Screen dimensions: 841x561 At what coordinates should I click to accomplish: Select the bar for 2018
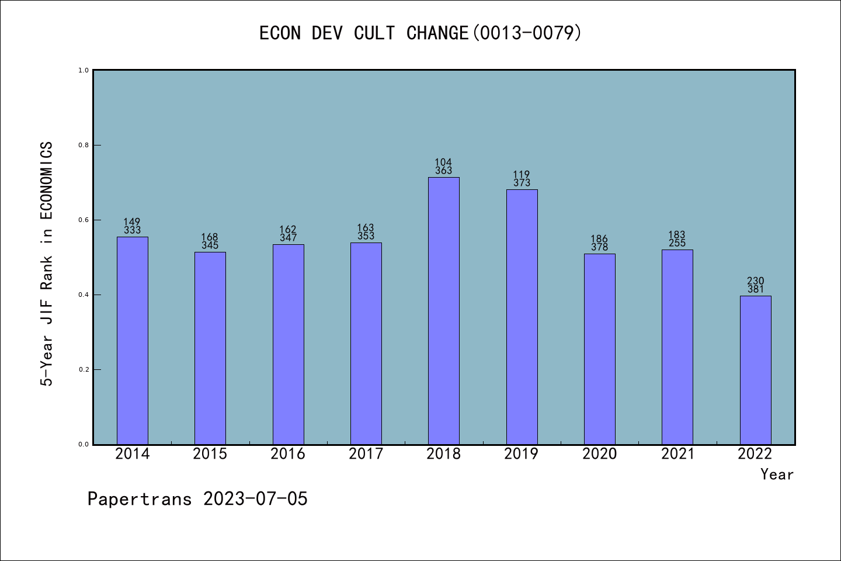[444, 311]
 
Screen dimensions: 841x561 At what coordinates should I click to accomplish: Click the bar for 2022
[755, 370]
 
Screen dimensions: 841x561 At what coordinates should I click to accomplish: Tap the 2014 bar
[133, 341]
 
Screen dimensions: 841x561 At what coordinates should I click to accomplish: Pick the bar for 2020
[600, 349]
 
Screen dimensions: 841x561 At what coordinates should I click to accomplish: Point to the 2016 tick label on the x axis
[288, 454]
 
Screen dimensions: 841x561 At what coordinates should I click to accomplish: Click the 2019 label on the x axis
[522, 454]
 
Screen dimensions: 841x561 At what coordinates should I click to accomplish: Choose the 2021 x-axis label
[677, 454]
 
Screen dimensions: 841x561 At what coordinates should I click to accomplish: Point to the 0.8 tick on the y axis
[84, 145]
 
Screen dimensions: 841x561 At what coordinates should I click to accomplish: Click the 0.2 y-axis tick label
[84, 370]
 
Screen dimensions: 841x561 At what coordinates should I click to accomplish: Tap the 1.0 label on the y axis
[84, 70]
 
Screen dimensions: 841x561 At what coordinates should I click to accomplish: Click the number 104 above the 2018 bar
[443, 162]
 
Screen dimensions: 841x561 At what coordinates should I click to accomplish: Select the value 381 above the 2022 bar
[755, 289]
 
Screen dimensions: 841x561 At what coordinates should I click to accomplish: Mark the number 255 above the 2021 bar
[677, 243]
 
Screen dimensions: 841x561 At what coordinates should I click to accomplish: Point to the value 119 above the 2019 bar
[522, 175]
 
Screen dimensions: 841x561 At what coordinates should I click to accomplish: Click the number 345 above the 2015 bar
[210, 245]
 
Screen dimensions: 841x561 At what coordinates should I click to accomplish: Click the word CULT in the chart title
[374, 33]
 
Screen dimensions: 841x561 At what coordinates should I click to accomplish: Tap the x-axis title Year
[777, 475]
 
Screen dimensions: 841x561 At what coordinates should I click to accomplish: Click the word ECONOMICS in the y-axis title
[47, 181]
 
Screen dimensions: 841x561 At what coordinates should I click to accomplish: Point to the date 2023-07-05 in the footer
[255, 499]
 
